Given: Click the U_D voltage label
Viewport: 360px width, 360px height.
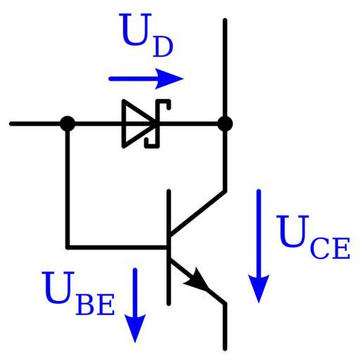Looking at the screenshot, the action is [147, 35].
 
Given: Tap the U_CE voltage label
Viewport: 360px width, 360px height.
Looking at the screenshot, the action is [313, 237].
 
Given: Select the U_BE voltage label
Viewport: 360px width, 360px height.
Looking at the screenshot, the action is [78, 293].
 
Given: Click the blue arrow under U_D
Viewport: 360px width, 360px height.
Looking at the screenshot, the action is [146, 79].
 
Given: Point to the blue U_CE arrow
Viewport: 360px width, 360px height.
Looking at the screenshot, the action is [259, 246].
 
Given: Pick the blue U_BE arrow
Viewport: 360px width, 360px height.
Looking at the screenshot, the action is [135, 305].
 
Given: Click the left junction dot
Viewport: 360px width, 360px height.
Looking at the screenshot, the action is [67, 124].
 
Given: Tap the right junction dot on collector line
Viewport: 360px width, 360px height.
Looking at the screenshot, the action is [225, 124].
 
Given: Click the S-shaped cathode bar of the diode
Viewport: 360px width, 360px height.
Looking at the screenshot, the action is [157, 124].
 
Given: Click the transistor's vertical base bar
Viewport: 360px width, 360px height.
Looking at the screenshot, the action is [169, 247].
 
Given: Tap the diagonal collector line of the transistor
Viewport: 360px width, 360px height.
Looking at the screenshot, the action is [198, 212].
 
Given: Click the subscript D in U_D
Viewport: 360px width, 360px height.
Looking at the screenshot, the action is [163, 47].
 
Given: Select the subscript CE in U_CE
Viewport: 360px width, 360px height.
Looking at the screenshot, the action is [330, 248].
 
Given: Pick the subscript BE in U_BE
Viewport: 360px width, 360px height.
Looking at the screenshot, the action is [95, 304].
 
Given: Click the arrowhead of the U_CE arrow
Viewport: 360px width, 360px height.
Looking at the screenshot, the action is [259, 289].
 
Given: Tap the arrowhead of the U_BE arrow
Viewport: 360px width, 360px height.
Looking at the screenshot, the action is [135, 328].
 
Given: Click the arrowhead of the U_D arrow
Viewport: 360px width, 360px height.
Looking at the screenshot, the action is [169, 79].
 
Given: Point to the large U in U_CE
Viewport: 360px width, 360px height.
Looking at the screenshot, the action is [292, 231].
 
